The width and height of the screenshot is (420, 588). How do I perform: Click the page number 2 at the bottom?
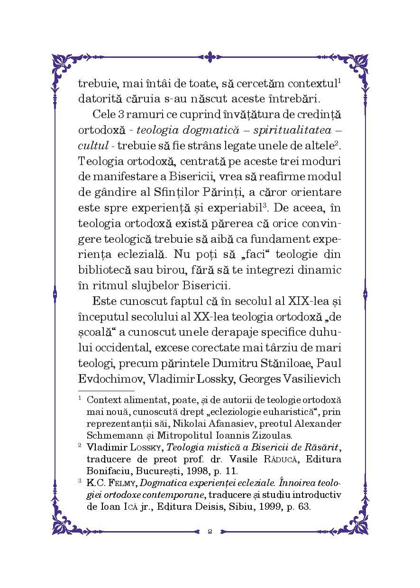coord(210,531)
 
